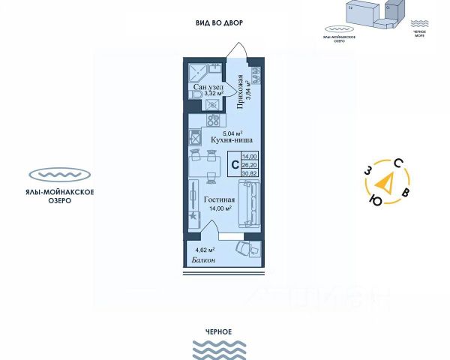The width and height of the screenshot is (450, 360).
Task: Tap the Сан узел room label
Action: (x=208, y=88)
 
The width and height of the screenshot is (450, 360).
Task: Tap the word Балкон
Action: (x=202, y=259)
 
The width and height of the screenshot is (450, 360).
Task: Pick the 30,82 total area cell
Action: (x=250, y=172)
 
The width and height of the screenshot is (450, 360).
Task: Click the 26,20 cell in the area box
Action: (x=250, y=164)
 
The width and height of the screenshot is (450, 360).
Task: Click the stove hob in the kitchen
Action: (x=194, y=138)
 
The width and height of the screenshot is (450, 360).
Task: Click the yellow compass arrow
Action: (x=385, y=181)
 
